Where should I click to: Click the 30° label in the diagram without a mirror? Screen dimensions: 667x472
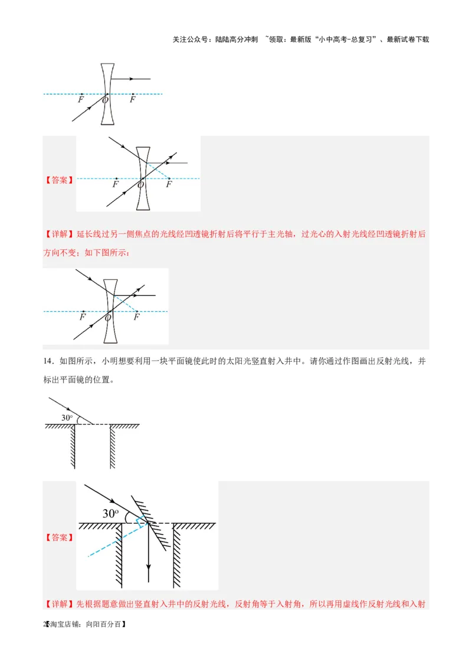pyautogui.click(x=67, y=418)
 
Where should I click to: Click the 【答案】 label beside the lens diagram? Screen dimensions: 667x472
pyautogui.click(x=59, y=180)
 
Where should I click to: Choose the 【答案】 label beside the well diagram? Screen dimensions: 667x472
pyautogui.click(x=59, y=537)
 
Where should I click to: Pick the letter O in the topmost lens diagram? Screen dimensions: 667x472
pyautogui.click(x=105, y=101)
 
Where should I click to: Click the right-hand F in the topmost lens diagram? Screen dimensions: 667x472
pyautogui.click(x=132, y=100)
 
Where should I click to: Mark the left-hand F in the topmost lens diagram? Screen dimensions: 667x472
pyautogui.click(x=80, y=100)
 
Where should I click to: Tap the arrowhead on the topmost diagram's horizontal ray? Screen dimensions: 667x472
pyautogui.click(x=132, y=78)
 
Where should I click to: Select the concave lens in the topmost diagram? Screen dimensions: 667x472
pyautogui.click(x=107, y=94)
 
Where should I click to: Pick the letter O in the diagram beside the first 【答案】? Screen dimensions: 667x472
pyautogui.click(x=140, y=185)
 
